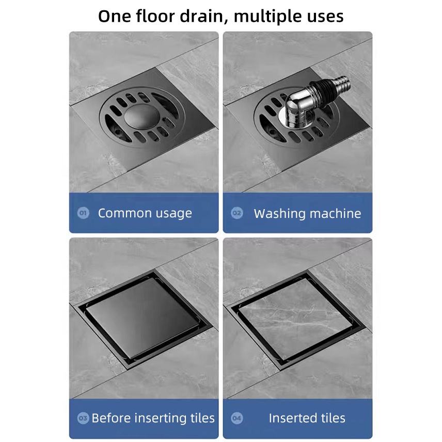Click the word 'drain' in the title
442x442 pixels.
tap(202, 16)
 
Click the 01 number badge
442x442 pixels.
tap(83, 213)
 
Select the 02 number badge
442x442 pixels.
tap(237, 213)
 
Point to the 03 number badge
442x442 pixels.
tap(83, 418)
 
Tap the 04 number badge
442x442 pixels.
tap(237, 418)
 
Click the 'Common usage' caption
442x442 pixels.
tap(145, 213)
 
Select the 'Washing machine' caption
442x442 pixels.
tap(307, 213)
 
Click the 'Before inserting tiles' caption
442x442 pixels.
tap(153, 418)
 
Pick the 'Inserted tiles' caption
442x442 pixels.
tap(307, 418)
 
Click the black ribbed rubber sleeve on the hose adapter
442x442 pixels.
tap(324, 90)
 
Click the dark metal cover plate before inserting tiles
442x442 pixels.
tap(143, 317)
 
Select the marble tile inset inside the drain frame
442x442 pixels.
tap(296, 317)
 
